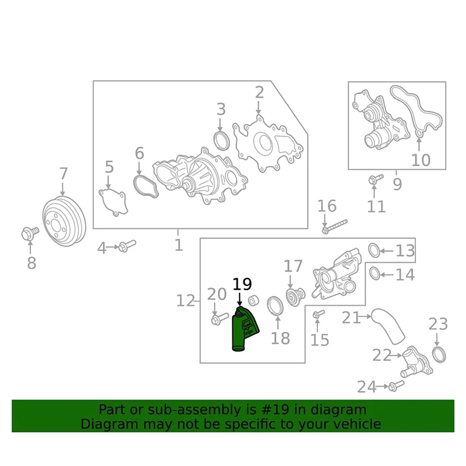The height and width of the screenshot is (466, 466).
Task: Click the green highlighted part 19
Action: (x=243, y=329)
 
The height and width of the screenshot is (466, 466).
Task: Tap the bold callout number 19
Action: (x=242, y=284)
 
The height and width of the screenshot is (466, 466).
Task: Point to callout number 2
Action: (x=259, y=92)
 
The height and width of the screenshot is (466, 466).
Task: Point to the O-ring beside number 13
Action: (x=374, y=250)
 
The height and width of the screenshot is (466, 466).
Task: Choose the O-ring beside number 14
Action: (x=375, y=273)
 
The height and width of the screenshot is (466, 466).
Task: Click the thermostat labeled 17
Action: (x=293, y=295)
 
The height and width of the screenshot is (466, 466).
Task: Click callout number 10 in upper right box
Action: (x=421, y=159)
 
